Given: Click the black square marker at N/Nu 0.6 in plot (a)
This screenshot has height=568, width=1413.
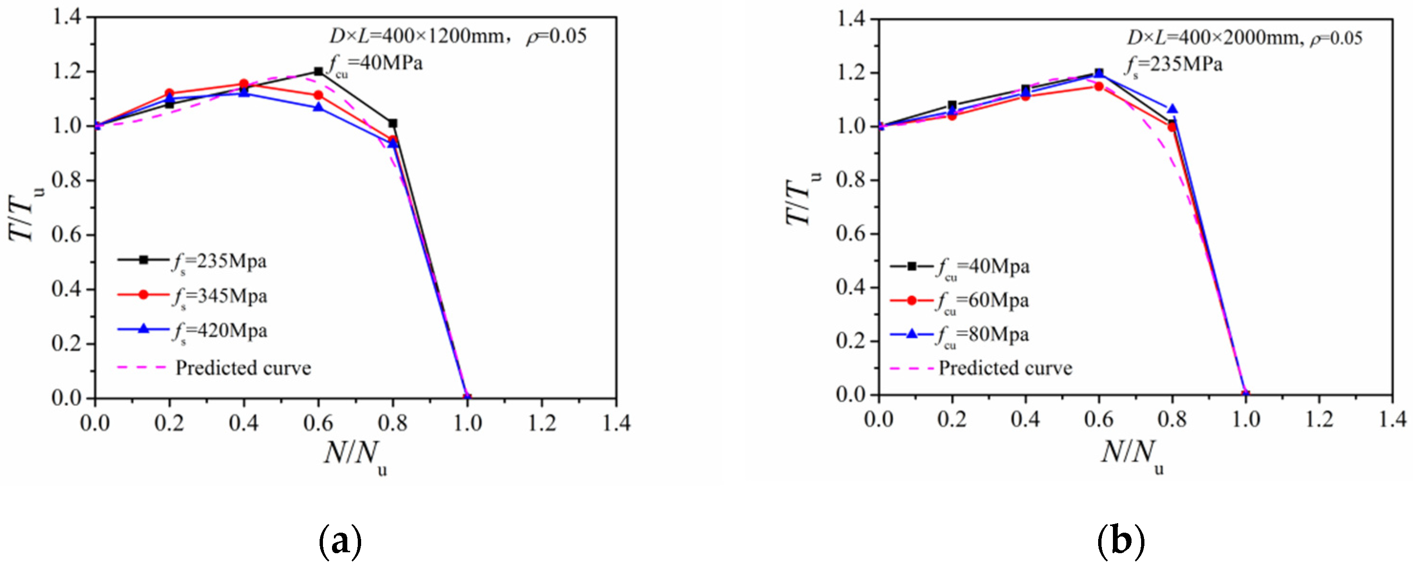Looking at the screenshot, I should click(x=318, y=71).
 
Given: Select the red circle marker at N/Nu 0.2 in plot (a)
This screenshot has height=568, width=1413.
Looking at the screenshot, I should click(x=169, y=93).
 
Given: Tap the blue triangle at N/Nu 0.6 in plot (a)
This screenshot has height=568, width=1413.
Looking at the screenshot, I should click(x=318, y=107).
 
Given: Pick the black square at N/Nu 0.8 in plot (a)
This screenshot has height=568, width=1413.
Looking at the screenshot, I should click(x=393, y=124).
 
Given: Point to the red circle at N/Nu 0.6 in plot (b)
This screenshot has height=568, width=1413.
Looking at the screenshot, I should click(x=1099, y=86).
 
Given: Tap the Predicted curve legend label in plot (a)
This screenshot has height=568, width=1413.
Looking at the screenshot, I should click(x=243, y=368).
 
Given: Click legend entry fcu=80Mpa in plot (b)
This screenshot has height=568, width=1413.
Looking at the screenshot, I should click(x=982, y=335).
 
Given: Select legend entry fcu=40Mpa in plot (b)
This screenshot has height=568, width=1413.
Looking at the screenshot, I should click(x=982, y=267).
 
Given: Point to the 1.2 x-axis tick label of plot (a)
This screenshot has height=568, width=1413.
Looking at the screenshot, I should click(x=542, y=423).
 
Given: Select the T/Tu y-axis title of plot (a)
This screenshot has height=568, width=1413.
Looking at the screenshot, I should click(x=25, y=214).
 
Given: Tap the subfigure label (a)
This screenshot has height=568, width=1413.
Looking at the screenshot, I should click(x=340, y=541).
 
